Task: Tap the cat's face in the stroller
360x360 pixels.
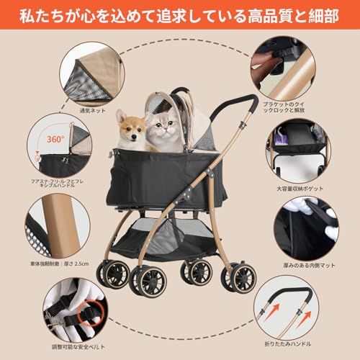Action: click(x=163, y=130)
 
